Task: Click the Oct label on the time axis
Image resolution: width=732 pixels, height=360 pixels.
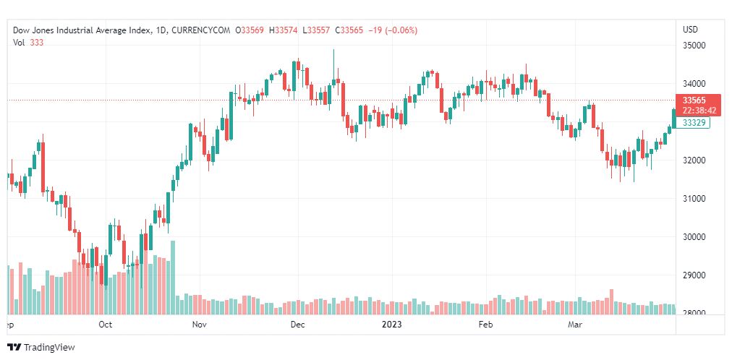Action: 106,325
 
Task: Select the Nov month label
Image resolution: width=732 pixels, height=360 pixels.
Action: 200,325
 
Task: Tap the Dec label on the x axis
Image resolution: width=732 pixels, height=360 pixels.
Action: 297,325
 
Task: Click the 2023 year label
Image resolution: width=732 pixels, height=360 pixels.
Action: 391,325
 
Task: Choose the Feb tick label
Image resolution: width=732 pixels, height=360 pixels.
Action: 486,325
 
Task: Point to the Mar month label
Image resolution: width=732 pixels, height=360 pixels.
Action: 575,325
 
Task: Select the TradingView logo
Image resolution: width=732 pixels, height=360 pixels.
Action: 41,348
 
